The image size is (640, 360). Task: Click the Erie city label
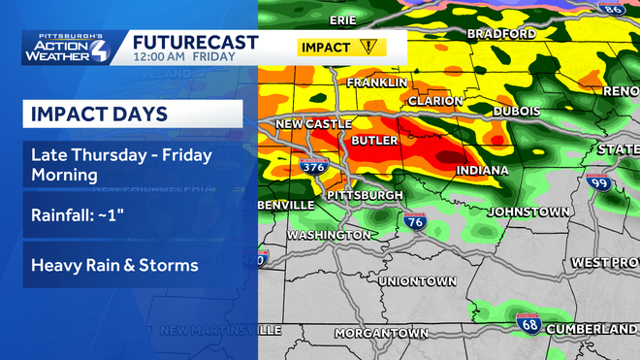(343, 19)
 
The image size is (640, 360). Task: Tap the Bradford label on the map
(501, 34)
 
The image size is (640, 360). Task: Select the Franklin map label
(376, 83)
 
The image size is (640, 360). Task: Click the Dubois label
(517, 112)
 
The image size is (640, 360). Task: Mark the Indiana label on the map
(482, 171)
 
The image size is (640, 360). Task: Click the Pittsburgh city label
(366, 196)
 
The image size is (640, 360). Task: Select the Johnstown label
(528, 211)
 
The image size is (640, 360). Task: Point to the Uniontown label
(417, 281)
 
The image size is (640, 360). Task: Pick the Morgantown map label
(381, 333)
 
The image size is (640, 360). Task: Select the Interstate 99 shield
(600, 183)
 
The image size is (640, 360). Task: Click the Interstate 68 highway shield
(528, 323)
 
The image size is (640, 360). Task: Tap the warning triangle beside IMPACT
(368, 47)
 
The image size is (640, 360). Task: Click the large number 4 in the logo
(100, 49)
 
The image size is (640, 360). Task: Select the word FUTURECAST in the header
(195, 42)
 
